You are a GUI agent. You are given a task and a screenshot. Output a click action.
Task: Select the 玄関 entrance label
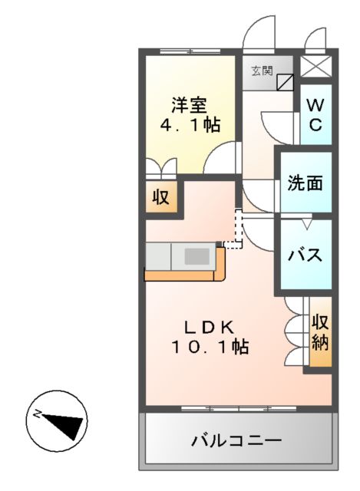pyautogui.click(x=261, y=71)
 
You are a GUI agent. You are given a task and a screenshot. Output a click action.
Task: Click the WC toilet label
pyautogui.click(x=315, y=115)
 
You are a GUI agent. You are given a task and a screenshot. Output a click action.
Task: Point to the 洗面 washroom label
pyautogui.click(x=305, y=183)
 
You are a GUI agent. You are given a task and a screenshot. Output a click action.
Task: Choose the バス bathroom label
pyautogui.click(x=305, y=255)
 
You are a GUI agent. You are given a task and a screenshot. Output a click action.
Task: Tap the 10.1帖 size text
pyautogui.click(x=210, y=346)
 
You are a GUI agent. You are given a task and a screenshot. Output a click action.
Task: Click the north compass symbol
pyautogui.click(x=58, y=420)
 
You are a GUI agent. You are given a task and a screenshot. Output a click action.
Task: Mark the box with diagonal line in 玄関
pyautogui.click(x=285, y=79)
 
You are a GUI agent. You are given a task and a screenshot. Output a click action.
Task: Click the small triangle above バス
pyautogui.click(x=306, y=223)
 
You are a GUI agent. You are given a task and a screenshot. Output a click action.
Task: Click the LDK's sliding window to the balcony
pyautogui.click(x=238, y=407)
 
